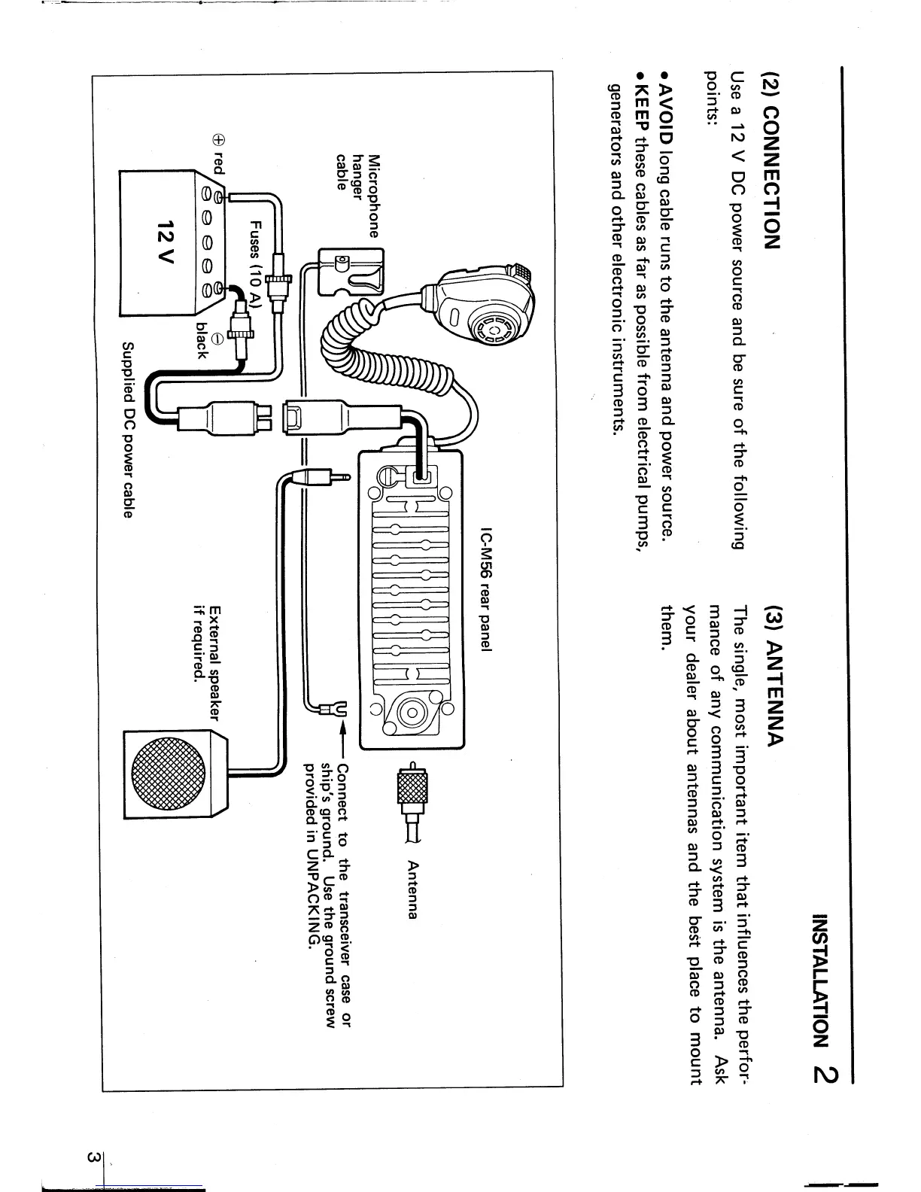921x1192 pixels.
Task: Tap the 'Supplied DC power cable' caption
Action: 129,430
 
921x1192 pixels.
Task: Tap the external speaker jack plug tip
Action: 345,476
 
